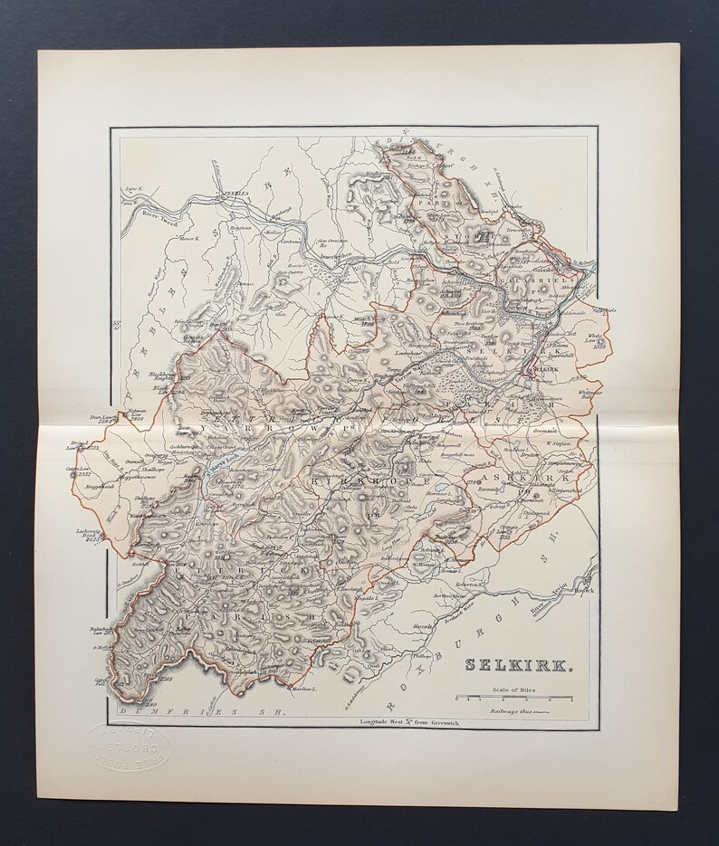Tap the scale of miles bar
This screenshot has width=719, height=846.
(x=513, y=699)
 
